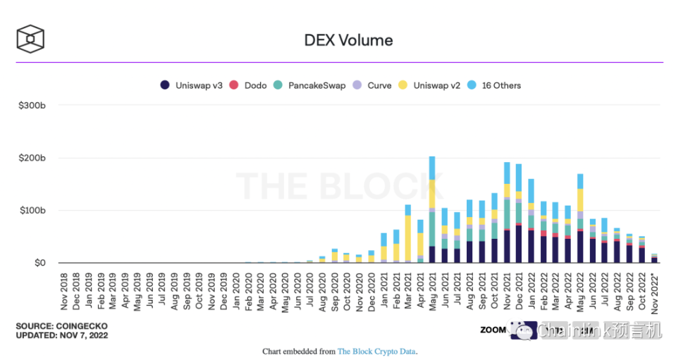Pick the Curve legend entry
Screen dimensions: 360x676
(x=373, y=85)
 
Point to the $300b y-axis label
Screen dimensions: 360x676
(x=32, y=105)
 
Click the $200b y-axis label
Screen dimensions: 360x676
(x=32, y=158)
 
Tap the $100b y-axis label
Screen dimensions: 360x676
(x=32, y=211)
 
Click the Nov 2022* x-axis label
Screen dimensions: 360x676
(x=655, y=293)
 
